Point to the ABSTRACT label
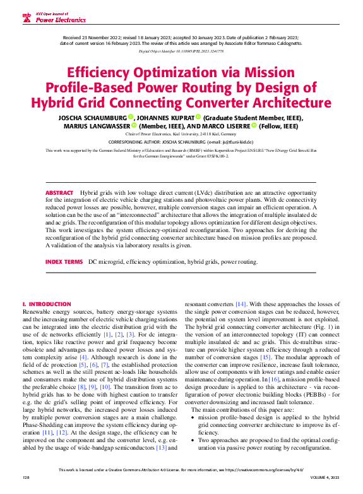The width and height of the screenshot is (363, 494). point(59,192)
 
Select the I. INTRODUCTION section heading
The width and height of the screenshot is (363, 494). point(47,304)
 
